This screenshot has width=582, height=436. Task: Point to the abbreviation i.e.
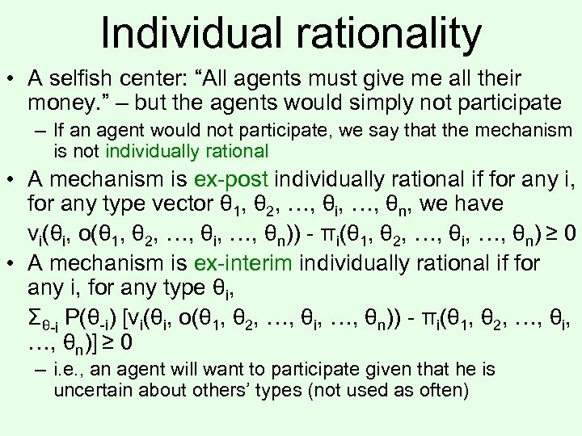point(66,371)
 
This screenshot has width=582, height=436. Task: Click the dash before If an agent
point(40,130)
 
